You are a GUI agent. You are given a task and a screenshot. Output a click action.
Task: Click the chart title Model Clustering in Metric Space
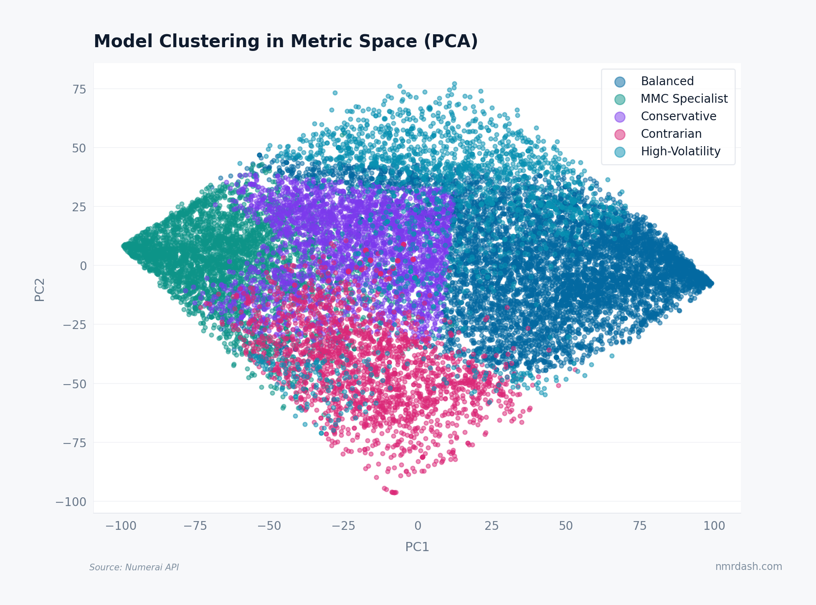pos(286,41)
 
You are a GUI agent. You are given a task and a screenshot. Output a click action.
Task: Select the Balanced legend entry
pos(667,81)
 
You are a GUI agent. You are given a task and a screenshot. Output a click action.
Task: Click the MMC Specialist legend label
pos(684,99)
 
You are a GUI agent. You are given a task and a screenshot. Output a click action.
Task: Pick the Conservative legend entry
pos(678,116)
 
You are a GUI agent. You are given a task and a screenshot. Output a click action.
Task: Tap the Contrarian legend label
pos(671,134)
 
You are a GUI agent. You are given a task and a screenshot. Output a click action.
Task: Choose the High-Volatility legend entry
pos(680,151)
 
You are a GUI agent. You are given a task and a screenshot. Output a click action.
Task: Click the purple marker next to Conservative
pos(620,116)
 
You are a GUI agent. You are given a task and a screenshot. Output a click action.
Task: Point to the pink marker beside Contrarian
pos(620,134)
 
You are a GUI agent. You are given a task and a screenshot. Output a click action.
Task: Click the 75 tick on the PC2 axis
pos(79,89)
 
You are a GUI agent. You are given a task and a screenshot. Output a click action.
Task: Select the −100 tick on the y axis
pos(71,501)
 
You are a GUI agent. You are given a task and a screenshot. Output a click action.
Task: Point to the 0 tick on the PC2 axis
pos(83,266)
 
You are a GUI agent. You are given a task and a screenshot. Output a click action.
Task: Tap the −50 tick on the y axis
pos(74,384)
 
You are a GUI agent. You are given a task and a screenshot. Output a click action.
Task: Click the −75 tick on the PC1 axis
pos(195,526)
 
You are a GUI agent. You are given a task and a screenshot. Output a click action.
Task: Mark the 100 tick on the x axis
pos(714,526)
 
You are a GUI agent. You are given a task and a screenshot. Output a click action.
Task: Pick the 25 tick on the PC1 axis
pos(492,526)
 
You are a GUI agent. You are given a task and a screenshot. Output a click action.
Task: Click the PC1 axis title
pos(417,547)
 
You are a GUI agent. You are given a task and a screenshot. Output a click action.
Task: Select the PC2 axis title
pos(40,289)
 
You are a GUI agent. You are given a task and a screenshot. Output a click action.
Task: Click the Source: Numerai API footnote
pos(134,567)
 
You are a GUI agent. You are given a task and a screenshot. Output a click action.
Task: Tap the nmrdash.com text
pos(748,566)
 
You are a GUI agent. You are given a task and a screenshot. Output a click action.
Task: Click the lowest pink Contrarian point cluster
pos(393,492)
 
